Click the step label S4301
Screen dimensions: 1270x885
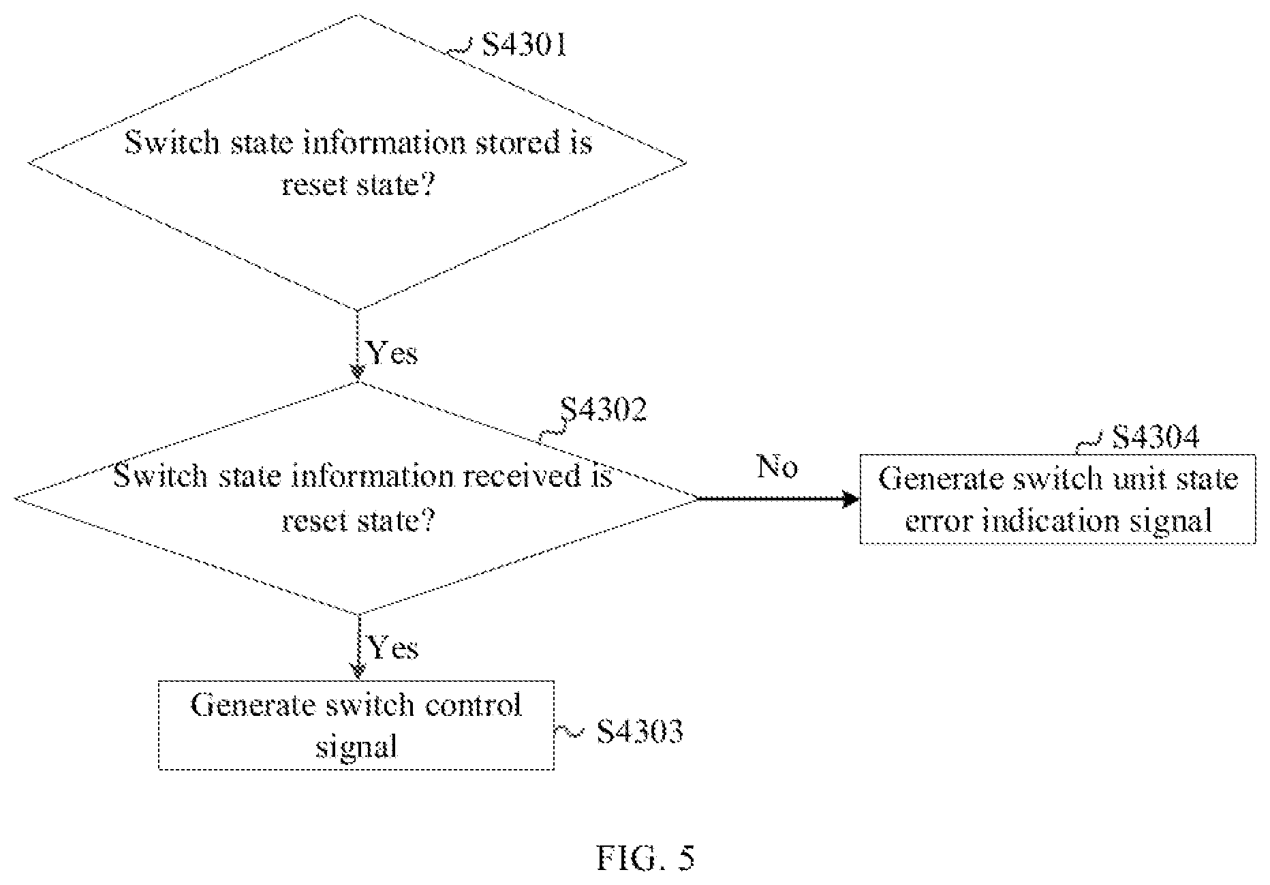(524, 45)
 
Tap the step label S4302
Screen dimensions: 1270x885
(603, 410)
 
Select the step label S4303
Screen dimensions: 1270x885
(640, 732)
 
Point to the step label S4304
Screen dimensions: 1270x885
(1155, 437)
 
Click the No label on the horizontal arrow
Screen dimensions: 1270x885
(777, 466)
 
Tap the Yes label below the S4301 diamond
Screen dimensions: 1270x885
(392, 352)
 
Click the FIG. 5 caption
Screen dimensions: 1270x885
(645, 858)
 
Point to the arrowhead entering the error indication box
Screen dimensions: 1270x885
(852, 499)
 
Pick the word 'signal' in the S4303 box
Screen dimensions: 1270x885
(356, 747)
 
